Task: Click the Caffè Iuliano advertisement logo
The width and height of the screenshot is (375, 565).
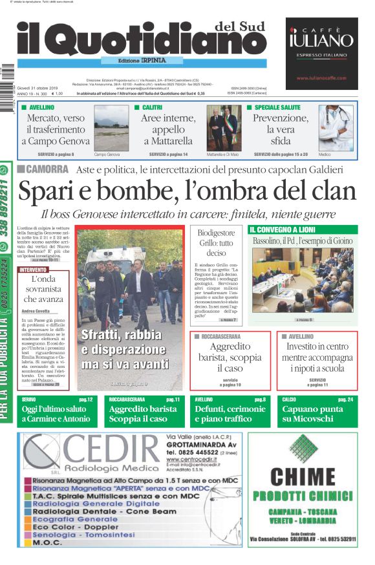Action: coord(321,39)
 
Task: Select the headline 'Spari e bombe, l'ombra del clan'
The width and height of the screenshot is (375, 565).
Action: coord(187,192)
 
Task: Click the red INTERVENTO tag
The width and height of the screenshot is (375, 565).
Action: coord(33,269)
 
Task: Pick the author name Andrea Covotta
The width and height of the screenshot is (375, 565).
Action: coord(36,312)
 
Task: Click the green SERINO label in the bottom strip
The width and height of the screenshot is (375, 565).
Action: coord(28,400)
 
